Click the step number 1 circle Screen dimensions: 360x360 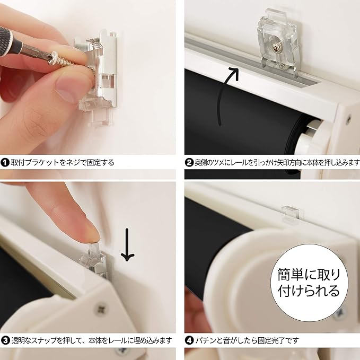5,163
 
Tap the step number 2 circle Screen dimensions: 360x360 189,163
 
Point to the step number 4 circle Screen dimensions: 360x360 189,340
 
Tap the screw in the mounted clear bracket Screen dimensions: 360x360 276,48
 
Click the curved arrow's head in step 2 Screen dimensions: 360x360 233,73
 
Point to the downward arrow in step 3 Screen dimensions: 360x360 127,244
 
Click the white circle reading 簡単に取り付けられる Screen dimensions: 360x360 309,283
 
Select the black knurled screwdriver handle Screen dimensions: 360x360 10,40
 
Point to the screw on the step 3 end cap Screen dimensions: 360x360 101,310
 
